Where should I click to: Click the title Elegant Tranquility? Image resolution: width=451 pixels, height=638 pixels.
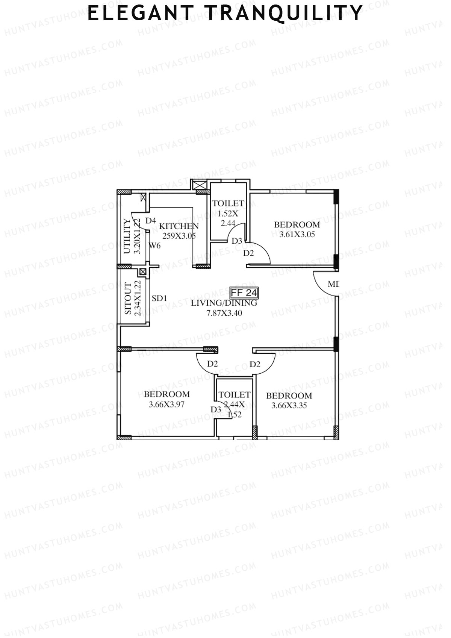(x=225, y=14)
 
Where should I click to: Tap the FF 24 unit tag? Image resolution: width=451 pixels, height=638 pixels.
(x=244, y=292)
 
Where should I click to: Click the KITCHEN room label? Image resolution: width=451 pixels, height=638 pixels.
(x=179, y=226)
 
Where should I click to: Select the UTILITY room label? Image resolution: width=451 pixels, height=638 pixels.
(x=127, y=236)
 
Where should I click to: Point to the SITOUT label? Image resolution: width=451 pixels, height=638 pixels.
(x=128, y=299)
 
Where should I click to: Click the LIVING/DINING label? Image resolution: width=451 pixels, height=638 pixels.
(x=224, y=303)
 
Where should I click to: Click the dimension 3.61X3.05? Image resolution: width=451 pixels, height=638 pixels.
(x=297, y=235)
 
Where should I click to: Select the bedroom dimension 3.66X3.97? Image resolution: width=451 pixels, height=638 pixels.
(x=166, y=405)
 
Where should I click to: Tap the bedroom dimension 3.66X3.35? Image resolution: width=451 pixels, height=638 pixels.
(x=289, y=405)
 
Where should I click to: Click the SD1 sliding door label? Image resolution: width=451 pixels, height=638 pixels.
(x=159, y=299)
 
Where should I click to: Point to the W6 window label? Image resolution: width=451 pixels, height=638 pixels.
(x=154, y=246)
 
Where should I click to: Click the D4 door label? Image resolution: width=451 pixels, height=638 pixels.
(x=151, y=221)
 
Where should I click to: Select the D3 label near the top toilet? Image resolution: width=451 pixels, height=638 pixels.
(x=237, y=241)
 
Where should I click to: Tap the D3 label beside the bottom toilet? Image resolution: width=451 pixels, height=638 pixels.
(x=216, y=410)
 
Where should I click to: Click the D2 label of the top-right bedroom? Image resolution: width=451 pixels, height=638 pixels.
(x=248, y=253)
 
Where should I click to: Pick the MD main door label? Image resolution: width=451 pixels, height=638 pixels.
(x=333, y=284)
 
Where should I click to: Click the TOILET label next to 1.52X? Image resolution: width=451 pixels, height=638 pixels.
(x=228, y=203)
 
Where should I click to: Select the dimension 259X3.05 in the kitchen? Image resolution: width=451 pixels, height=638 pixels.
(x=179, y=236)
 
